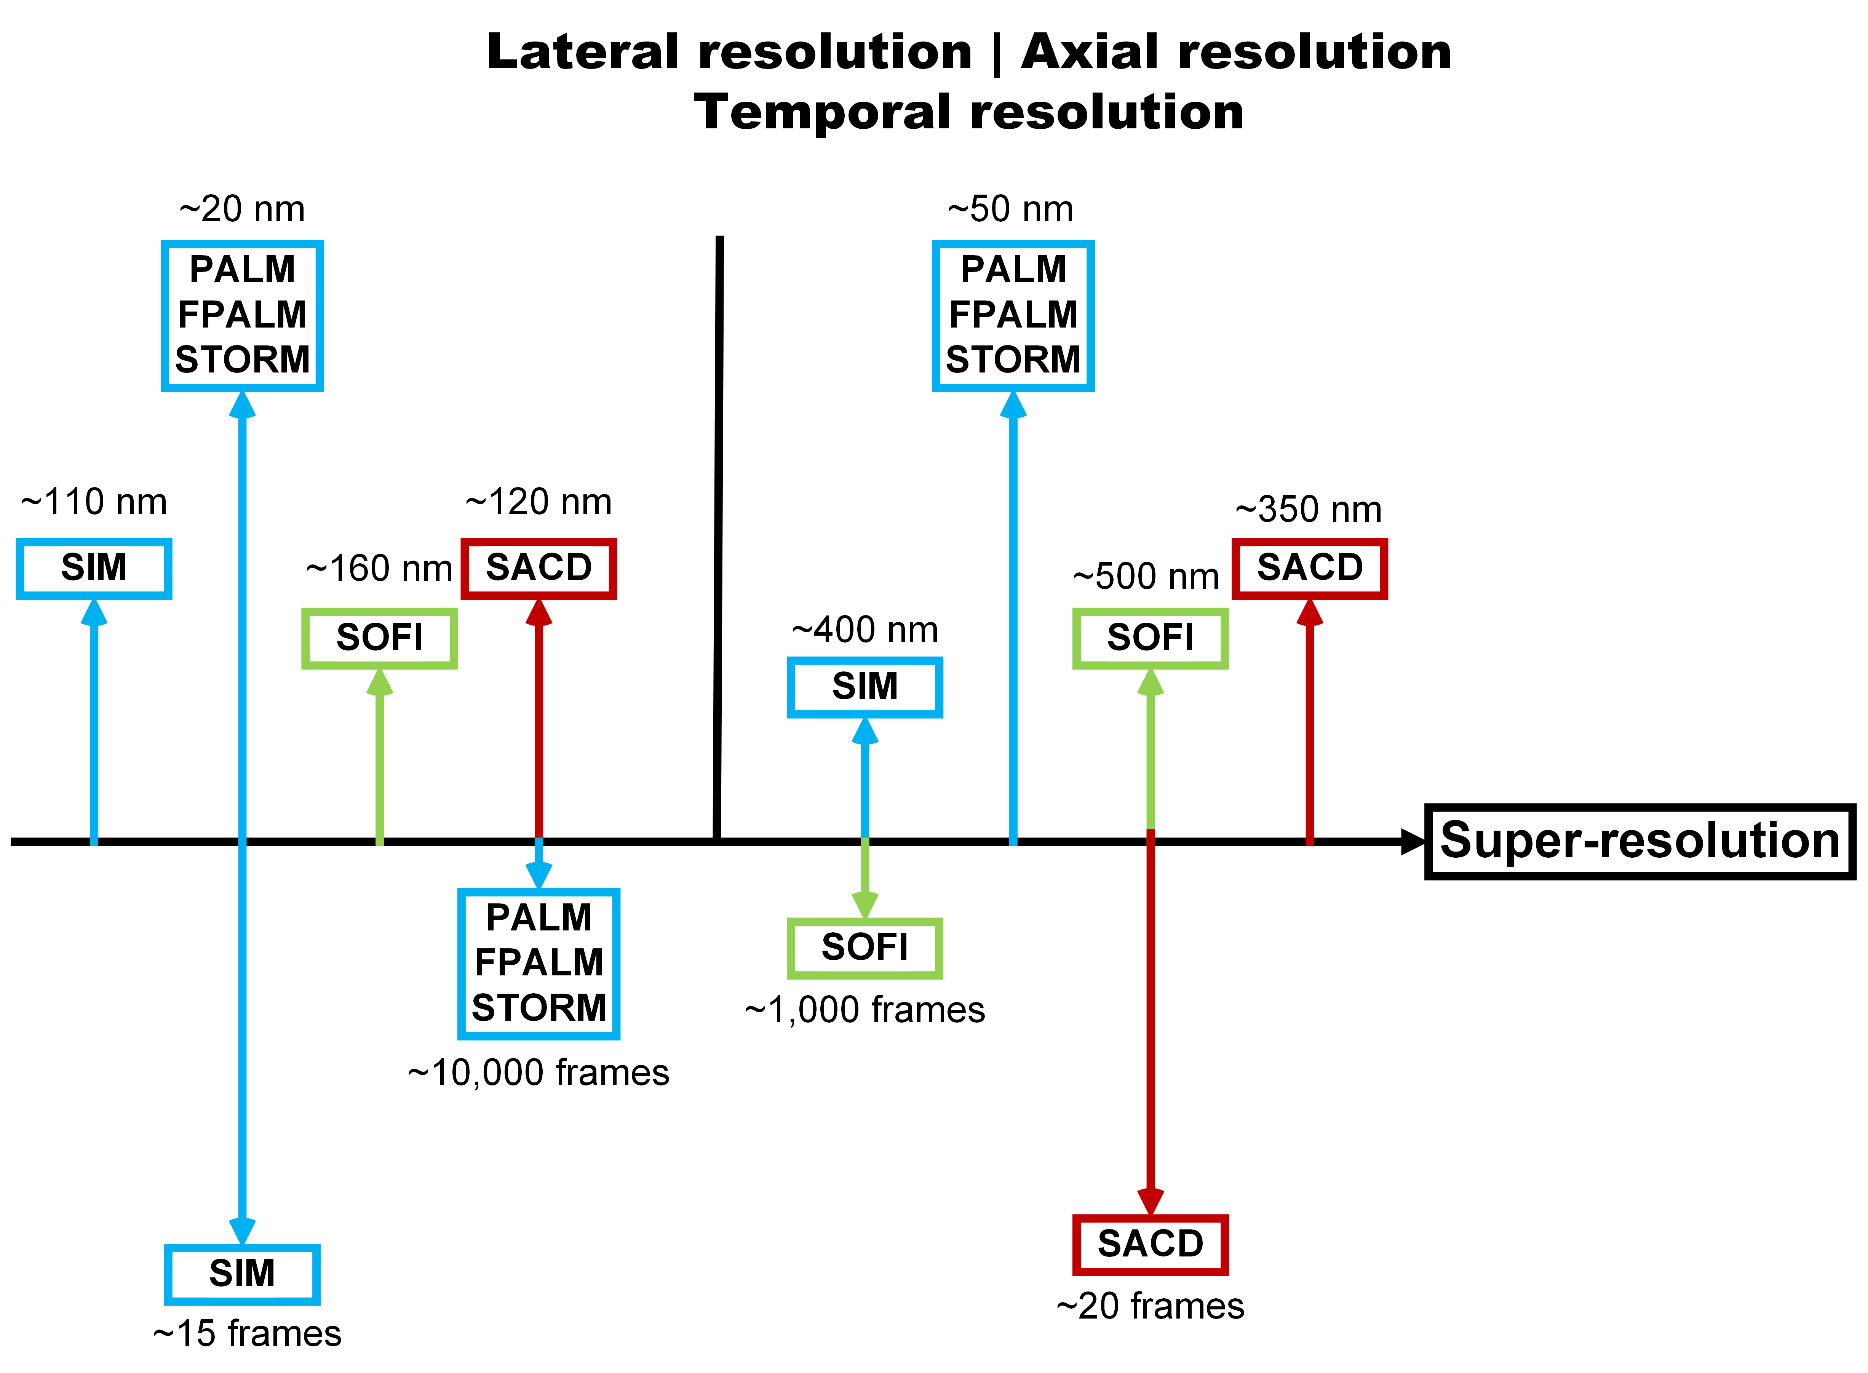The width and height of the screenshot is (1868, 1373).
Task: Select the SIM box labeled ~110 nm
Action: pyautogui.click(x=94, y=569)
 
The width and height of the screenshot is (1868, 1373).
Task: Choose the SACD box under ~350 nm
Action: pyautogui.click(x=1310, y=569)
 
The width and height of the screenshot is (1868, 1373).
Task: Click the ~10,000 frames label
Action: pyautogui.click(x=539, y=1073)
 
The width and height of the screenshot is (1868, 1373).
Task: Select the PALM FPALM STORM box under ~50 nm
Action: pyautogui.click(x=1013, y=316)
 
